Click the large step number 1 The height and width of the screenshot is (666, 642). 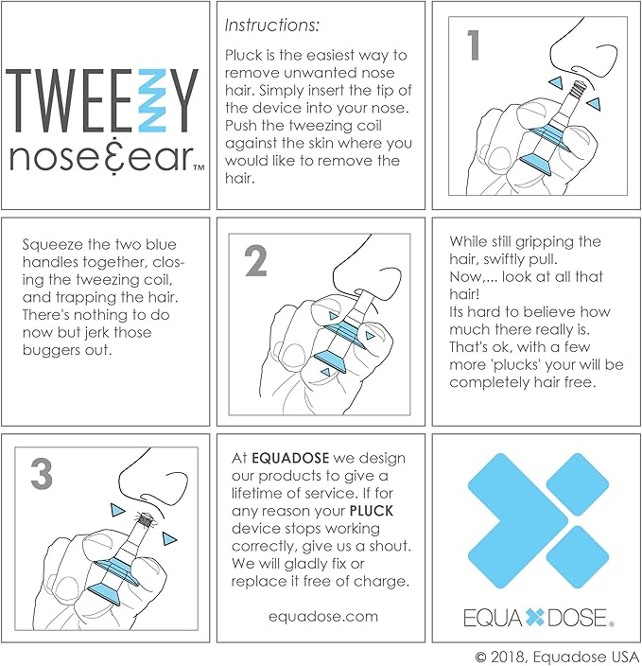[473, 45]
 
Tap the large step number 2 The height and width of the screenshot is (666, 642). [255, 261]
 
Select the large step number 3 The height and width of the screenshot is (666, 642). [42, 474]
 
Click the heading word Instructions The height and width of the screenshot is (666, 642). [271, 26]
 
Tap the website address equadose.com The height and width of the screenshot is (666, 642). [323, 616]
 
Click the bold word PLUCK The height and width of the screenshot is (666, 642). [372, 511]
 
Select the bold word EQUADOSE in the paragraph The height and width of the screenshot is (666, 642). [290, 458]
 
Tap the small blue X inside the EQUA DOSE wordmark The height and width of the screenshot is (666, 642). [534, 618]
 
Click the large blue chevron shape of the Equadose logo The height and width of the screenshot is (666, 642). [518, 520]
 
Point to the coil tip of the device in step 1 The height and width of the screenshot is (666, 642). [579, 89]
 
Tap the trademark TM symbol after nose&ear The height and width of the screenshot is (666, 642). [199, 167]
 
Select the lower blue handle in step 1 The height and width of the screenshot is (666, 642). [535, 163]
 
